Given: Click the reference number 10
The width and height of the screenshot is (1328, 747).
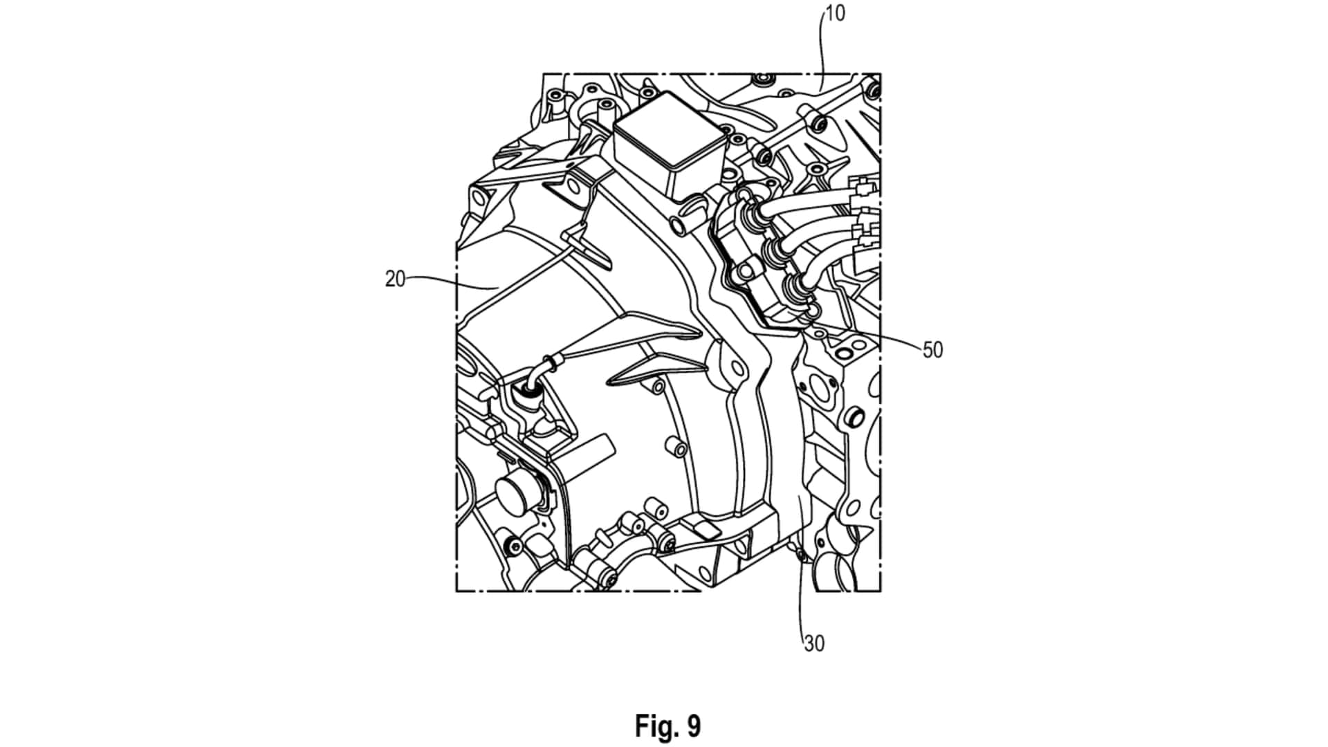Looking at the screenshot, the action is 836,14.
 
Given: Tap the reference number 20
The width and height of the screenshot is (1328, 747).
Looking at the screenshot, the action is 395,279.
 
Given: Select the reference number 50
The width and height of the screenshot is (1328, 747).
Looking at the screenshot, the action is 933,350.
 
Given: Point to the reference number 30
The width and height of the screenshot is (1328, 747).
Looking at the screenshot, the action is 815,644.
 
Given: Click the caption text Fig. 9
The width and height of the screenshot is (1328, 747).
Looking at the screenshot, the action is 667,726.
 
